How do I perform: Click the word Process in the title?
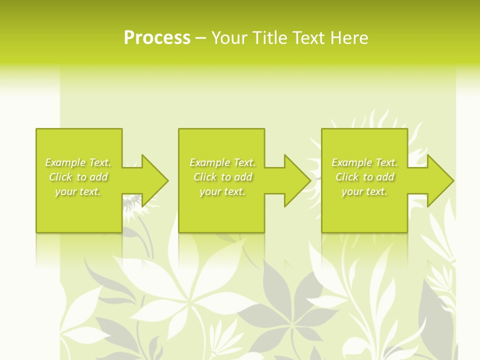(157, 38)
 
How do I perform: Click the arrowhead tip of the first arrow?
(167, 181)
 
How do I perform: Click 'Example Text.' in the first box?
(78, 162)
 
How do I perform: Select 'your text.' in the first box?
(78, 191)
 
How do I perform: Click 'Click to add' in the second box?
(222, 177)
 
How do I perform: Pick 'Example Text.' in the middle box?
(222, 162)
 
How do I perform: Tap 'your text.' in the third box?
(364, 191)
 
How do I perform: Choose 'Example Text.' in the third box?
(364, 162)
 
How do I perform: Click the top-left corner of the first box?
(36, 129)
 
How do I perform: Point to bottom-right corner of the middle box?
(264, 232)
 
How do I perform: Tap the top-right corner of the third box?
(407, 129)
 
